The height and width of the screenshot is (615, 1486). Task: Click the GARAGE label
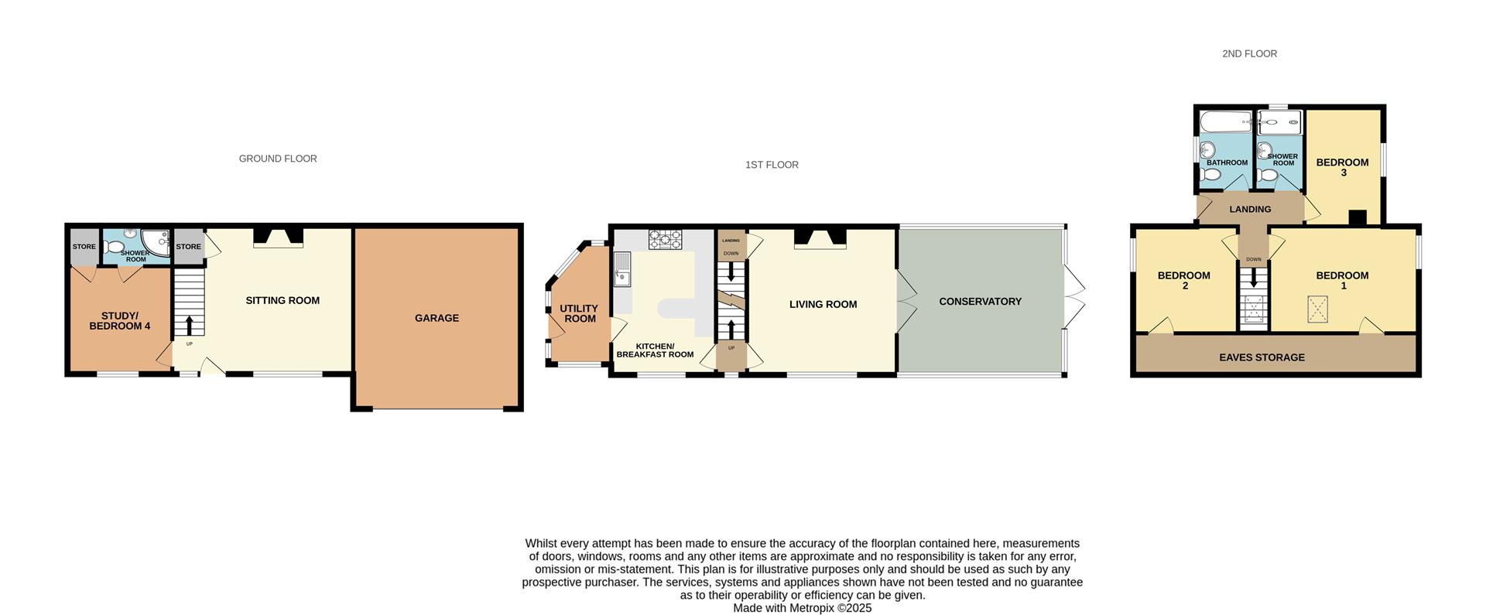click(x=437, y=318)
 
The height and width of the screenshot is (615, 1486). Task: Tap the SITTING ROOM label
click(x=282, y=300)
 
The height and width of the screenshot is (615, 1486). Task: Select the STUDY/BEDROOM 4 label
click(x=120, y=321)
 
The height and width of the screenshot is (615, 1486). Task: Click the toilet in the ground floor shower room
click(x=115, y=248)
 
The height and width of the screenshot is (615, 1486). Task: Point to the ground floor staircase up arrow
click(x=189, y=324)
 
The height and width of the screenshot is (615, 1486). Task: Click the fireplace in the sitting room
click(x=278, y=237)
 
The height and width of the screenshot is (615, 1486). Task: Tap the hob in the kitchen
click(x=665, y=239)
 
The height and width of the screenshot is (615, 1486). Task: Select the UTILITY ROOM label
click(x=579, y=313)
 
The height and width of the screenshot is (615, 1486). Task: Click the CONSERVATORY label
click(x=980, y=302)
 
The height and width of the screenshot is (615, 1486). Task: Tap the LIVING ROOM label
click(x=823, y=304)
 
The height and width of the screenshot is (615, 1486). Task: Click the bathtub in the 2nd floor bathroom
click(x=1225, y=121)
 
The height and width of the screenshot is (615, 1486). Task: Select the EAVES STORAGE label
click(x=1262, y=357)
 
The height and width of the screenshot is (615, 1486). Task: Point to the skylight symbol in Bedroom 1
click(x=1317, y=309)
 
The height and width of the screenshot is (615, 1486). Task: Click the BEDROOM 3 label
click(x=1342, y=167)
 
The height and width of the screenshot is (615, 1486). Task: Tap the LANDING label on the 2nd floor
click(x=1250, y=209)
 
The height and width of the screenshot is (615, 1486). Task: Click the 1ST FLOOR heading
click(x=772, y=165)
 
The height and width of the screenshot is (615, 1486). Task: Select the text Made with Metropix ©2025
click(x=802, y=608)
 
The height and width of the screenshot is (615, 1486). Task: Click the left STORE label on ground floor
click(x=84, y=247)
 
